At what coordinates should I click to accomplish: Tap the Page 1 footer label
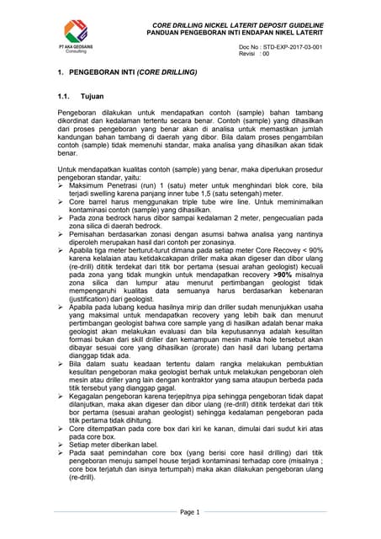pyautogui.click(x=189, y=511)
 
